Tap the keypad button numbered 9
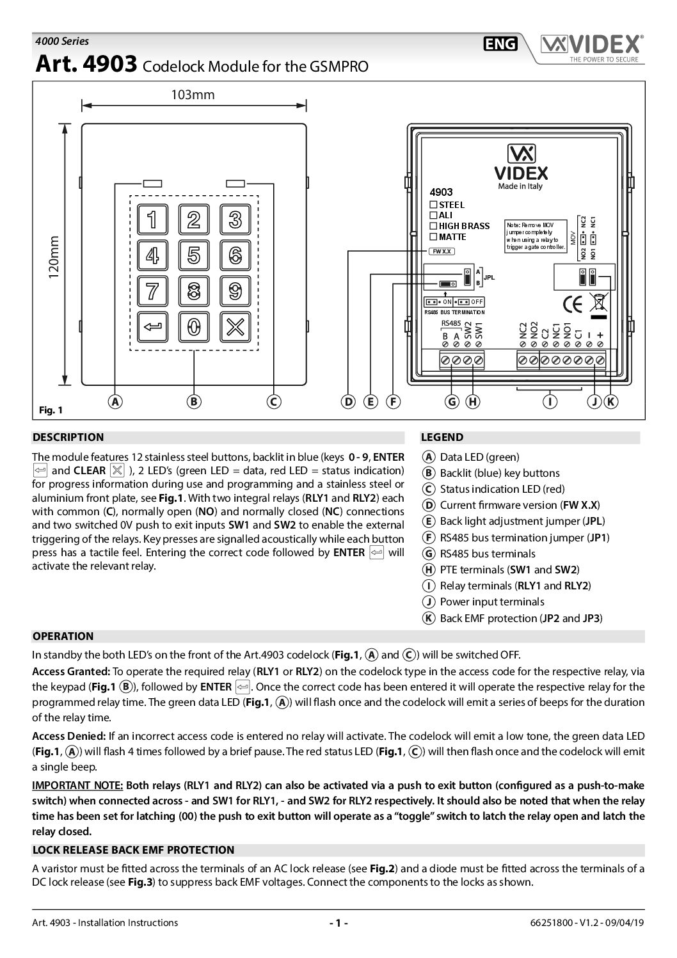235,291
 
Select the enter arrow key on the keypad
152,327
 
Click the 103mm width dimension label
193,95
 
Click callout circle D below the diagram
348,402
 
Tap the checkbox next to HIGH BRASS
433,226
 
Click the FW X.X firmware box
442,251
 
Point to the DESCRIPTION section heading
68,438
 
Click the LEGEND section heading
442,438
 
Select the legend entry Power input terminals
491,602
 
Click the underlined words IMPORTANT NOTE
77,785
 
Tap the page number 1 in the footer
338,923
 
